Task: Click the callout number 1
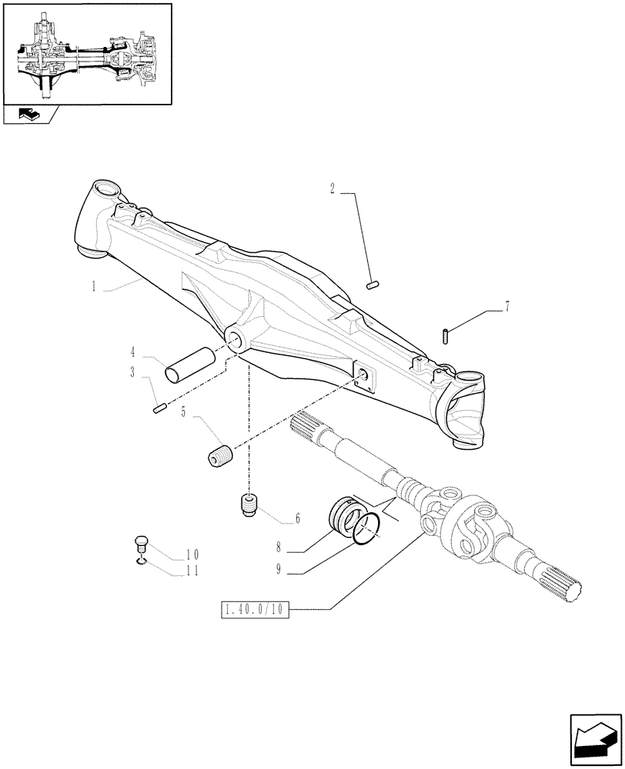coord(93,286)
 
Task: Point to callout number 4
coord(133,353)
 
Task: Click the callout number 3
coord(133,372)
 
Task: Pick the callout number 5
coord(183,412)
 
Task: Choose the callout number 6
coord(297,519)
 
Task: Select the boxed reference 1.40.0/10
coord(255,611)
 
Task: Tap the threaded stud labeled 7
coord(447,336)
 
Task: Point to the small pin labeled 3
coord(159,408)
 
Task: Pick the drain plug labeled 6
coord(248,506)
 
